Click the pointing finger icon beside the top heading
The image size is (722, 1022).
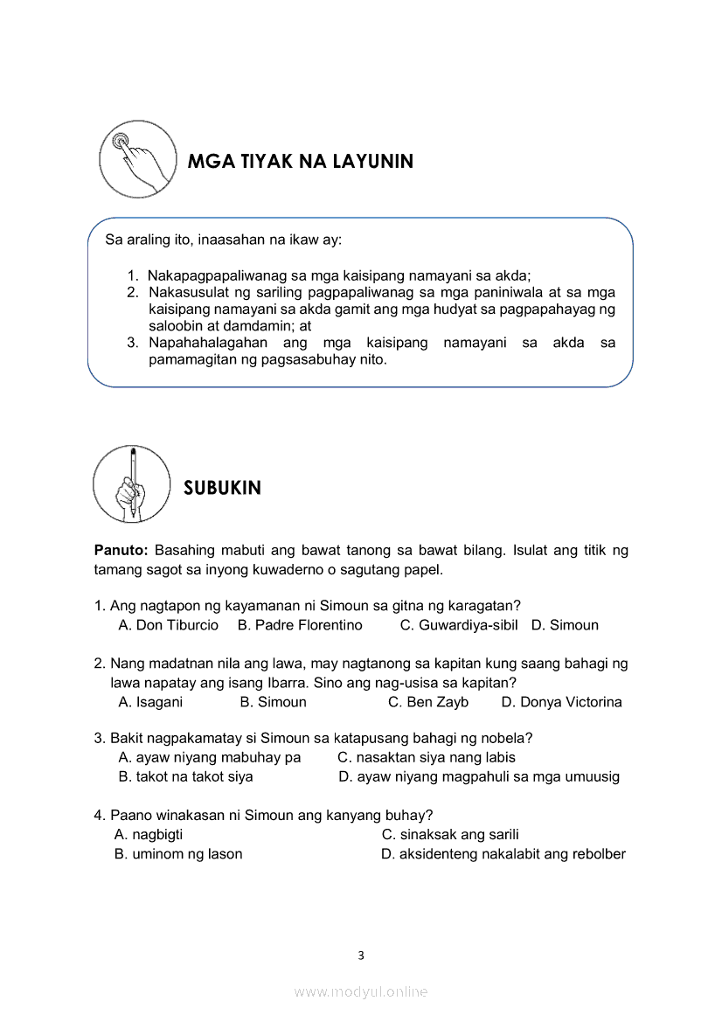(x=138, y=159)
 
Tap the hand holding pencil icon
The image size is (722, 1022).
(x=132, y=483)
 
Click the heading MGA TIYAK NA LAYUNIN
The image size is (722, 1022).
(x=300, y=162)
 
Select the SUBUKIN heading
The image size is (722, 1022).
(x=222, y=488)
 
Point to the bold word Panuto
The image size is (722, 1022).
(x=121, y=551)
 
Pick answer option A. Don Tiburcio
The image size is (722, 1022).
(x=169, y=625)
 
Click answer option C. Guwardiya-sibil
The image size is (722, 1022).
(x=459, y=625)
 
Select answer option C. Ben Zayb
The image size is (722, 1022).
(x=428, y=702)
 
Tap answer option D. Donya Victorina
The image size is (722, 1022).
(x=562, y=702)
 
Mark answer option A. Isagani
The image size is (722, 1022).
(x=150, y=702)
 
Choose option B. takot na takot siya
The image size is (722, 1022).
(x=185, y=776)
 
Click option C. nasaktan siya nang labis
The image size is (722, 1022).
(x=427, y=757)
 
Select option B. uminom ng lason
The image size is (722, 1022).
(x=178, y=853)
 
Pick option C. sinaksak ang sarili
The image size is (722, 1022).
(x=450, y=834)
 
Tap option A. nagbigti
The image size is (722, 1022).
(x=149, y=834)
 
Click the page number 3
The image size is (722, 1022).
(x=361, y=956)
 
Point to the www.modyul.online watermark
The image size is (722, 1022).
(x=361, y=991)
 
